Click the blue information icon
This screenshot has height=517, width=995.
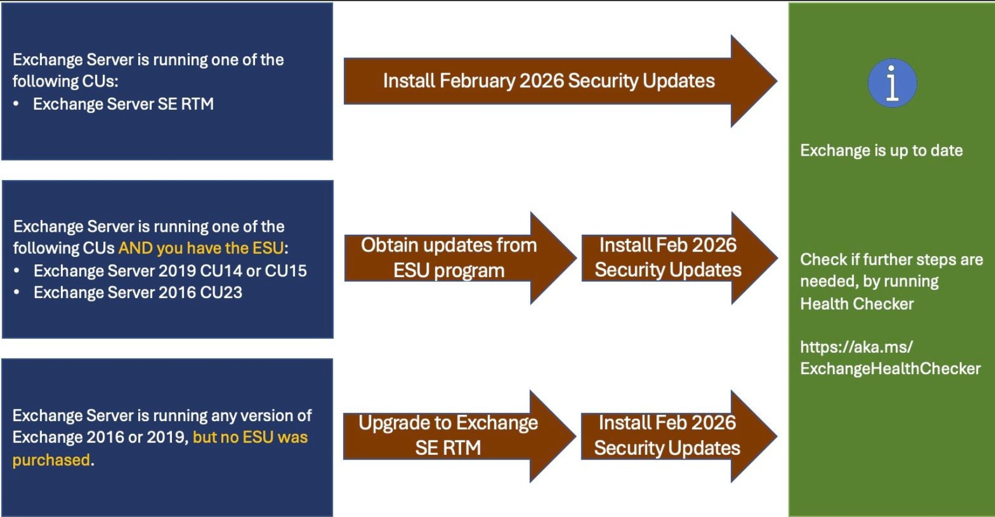click(892, 83)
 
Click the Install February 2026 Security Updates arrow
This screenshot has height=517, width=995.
click(548, 81)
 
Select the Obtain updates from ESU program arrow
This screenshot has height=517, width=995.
click(448, 258)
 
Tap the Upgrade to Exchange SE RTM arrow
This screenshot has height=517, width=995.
click(448, 436)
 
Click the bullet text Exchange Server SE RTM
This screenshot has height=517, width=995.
click(123, 104)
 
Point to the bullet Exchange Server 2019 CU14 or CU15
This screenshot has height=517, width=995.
click(170, 271)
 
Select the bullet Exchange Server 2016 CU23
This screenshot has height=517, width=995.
click(138, 292)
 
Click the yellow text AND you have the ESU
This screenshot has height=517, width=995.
click(201, 248)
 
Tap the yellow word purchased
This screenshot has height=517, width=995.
click(51, 460)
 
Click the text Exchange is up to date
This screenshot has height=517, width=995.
click(881, 150)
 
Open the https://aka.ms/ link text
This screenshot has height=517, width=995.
click(856, 347)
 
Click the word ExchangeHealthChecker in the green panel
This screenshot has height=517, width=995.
click(890, 369)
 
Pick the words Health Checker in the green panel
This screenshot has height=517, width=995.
click(857, 304)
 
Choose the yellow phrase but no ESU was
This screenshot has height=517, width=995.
click(250, 437)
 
